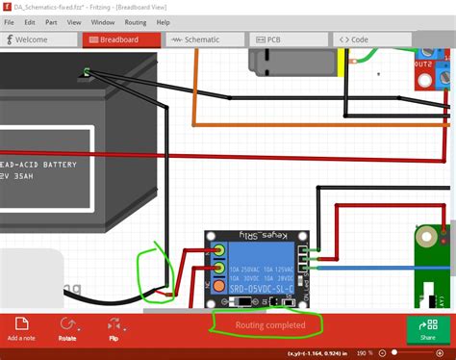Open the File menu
click(9, 21)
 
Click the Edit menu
click(31, 21)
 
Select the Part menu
click(51, 21)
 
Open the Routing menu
click(136, 21)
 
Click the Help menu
click(163, 21)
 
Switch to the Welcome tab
click(40, 40)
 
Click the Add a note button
click(21, 329)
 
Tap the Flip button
click(114, 329)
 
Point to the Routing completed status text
click(270, 325)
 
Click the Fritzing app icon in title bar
click(9, 7)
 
